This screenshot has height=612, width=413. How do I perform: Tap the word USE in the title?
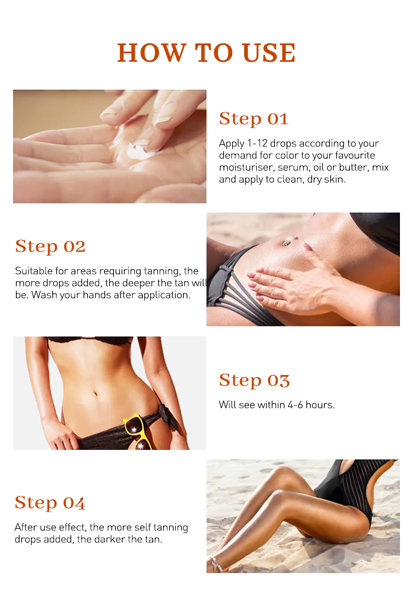[269, 53]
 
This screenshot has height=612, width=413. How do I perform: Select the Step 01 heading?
[254, 119]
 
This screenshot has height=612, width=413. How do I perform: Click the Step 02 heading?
[50, 246]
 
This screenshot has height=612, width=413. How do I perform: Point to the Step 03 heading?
[254, 380]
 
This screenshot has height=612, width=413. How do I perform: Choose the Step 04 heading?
[50, 503]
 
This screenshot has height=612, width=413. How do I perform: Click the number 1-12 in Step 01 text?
[257, 143]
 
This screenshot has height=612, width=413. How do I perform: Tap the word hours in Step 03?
[320, 405]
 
